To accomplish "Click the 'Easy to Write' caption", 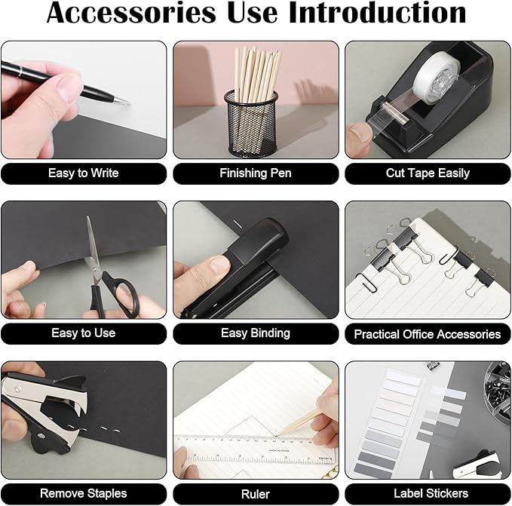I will (83, 173).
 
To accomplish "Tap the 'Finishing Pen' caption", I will (255, 173).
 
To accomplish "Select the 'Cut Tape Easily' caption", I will (428, 173).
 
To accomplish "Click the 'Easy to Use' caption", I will (83, 333).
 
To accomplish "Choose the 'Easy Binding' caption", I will (255, 333).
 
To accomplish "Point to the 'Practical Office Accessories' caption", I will (428, 334).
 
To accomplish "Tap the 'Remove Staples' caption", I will (83, 493).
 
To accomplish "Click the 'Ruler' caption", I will (255, 494).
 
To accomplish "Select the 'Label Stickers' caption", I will (428, 493).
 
